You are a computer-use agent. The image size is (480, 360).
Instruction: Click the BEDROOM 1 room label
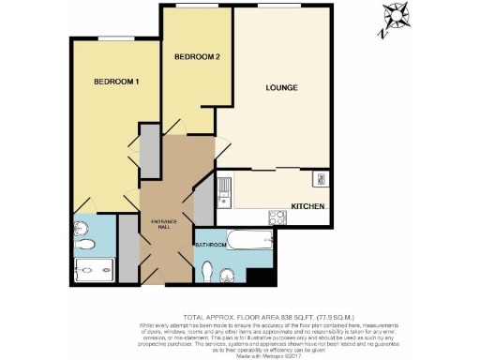tap(116, 82)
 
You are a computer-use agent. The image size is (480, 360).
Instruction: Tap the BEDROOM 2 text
tap(197, 57)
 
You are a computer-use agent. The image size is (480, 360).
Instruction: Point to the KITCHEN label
tap(308, 206)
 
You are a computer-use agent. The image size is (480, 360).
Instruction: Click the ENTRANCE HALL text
tap(165, 224)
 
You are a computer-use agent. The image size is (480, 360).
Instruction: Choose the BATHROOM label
tap(210, 246)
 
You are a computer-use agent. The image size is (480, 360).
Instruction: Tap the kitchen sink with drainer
tap(226, 193)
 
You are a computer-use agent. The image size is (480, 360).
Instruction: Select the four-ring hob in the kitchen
tap(278, 216)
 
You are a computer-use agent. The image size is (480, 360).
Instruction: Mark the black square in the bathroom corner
tap(256, 274)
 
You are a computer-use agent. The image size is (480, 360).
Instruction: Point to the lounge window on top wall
tap(282, 7)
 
